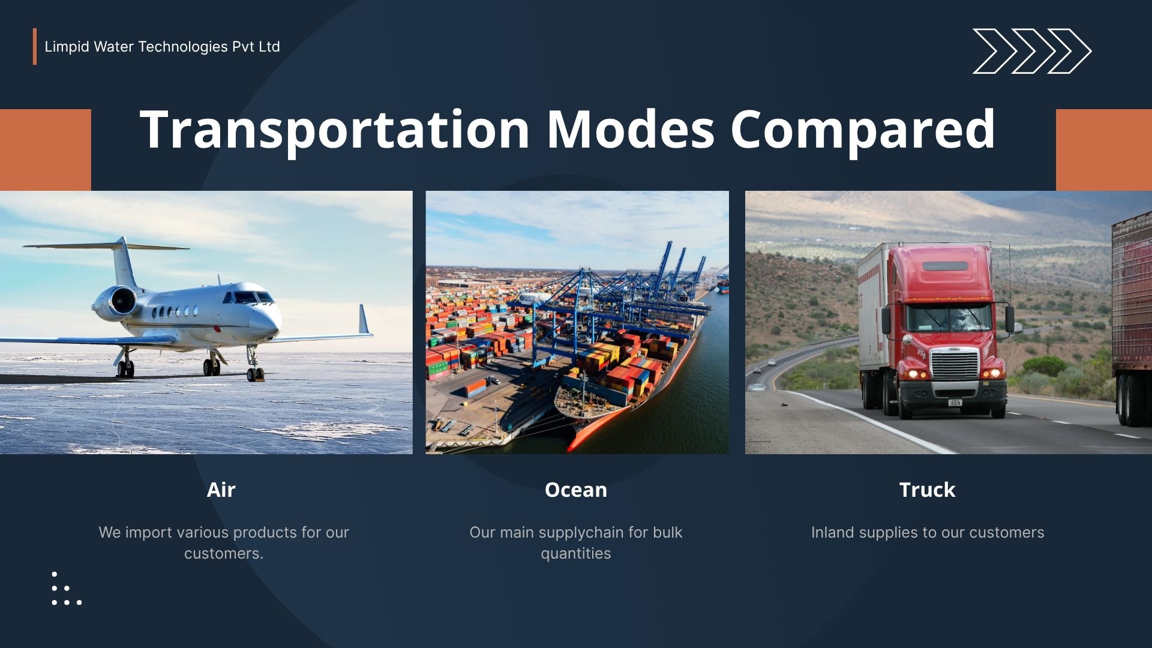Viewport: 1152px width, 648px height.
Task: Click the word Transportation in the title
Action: [335, 129]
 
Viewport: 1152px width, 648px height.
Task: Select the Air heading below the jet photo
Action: [221, 490]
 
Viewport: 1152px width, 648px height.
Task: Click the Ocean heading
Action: [576, 490]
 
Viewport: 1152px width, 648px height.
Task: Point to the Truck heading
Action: [927, 490]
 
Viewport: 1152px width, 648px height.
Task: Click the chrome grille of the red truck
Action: [954, 364]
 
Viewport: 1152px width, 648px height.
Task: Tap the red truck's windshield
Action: [949, 319]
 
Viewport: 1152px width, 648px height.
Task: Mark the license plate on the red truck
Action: [955, 403]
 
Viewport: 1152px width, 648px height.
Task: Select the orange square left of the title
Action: [46, 149]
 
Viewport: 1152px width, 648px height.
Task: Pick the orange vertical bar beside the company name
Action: [35, 46]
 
